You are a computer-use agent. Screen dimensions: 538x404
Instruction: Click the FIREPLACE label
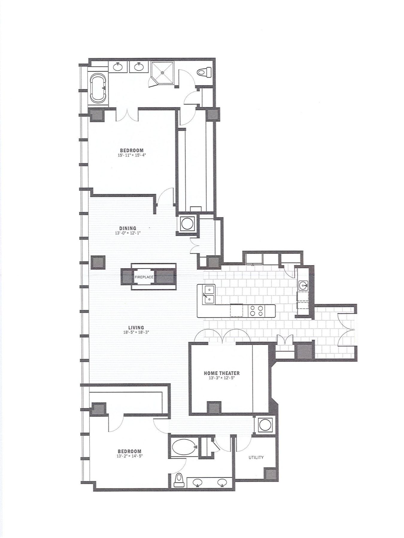(x=144, y=277)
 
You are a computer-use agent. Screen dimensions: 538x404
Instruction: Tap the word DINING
(x=128, y=228)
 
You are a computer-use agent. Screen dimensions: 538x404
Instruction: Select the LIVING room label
(x=136, y=328)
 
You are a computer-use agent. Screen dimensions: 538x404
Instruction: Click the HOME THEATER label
(x=222, y=373)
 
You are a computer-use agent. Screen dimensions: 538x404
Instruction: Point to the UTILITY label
(x=256, y=457)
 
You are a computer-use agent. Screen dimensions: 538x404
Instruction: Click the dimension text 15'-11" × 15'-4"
(x=132, y=155)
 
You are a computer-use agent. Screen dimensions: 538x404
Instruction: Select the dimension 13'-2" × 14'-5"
(x=130, y=456)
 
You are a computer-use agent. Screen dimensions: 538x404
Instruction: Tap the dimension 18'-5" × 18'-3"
(x=136, y=332)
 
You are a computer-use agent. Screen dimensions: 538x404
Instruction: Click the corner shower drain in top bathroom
(x=162, y=72)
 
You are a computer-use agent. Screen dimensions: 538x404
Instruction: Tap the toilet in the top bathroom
(x=205, y=72)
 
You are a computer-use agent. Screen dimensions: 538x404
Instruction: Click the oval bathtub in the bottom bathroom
(x=184, y=447)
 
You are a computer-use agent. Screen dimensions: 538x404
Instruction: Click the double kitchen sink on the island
(x=209, y=294)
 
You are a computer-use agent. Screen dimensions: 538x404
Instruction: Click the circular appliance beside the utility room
(x=265, y=425)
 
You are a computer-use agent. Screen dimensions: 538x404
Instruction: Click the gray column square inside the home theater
(x=214, y=408)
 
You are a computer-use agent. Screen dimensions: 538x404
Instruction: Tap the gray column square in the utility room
(x=271, y=474)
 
